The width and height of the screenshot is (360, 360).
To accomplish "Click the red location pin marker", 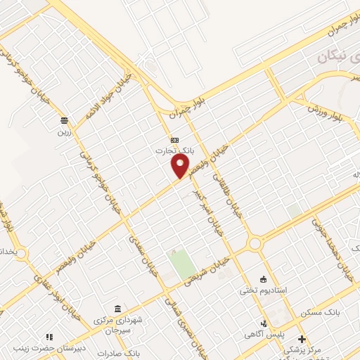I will (x=181, y=166).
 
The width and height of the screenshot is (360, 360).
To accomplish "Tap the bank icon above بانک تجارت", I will (x=174, y=139).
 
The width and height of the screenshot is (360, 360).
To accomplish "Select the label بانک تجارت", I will (x=174, y=150).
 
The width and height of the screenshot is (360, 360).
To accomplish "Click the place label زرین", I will (x=65, y=131).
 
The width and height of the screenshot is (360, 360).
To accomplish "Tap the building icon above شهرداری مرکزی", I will (x=117, y=309).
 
